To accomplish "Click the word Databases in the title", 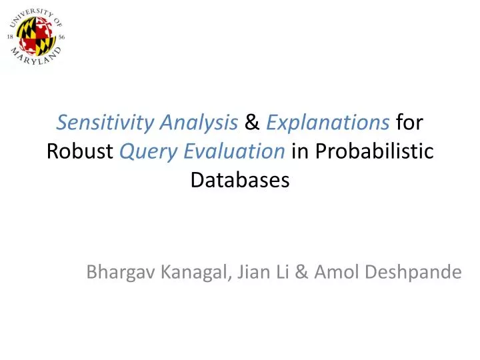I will [240, 179].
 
